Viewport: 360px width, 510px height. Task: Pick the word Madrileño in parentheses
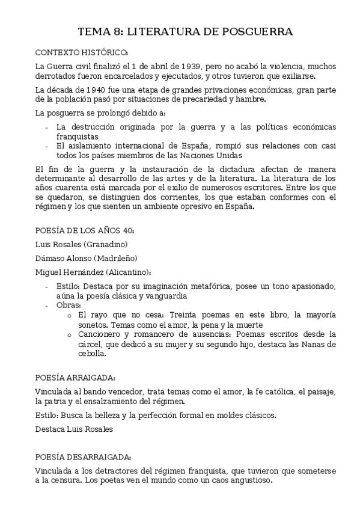[115, 258]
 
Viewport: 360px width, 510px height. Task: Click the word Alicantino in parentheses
[126, 272]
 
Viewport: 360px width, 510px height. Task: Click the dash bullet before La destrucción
[47, 127]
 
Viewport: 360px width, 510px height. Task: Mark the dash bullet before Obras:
[47, 306]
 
